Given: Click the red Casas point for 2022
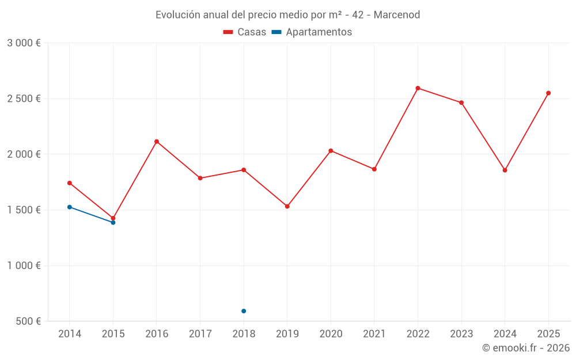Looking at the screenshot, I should click(418, 88).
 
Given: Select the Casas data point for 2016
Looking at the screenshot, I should click(157, 142).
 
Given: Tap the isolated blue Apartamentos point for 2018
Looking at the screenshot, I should click(244, 311).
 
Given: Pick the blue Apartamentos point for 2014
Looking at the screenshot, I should click(70, 207).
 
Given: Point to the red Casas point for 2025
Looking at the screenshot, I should click(548, 93).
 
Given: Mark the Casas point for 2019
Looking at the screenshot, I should click(287, 206).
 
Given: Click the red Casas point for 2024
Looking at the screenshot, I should click(505, 170).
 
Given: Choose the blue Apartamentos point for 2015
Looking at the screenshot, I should click(113, 222).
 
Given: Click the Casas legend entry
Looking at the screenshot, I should click(245, 32).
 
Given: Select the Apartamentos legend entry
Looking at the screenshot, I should click(312, 32).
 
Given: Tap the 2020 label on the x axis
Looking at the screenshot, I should click(331, 334).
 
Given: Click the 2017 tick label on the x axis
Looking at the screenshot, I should click(200, 334).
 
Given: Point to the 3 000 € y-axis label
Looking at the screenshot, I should click(24, 43).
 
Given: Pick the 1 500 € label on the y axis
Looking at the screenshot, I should click(24, 210).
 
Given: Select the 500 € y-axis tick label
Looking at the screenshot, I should click(28, 321).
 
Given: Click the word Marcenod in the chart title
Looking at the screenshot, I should click(397, 14).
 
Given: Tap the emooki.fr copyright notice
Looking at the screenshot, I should click(526, 348).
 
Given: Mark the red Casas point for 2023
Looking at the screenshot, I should click(461, 103).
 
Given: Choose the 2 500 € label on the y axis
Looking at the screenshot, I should click(24, 98).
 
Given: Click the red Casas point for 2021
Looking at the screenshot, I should click(374, 169).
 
